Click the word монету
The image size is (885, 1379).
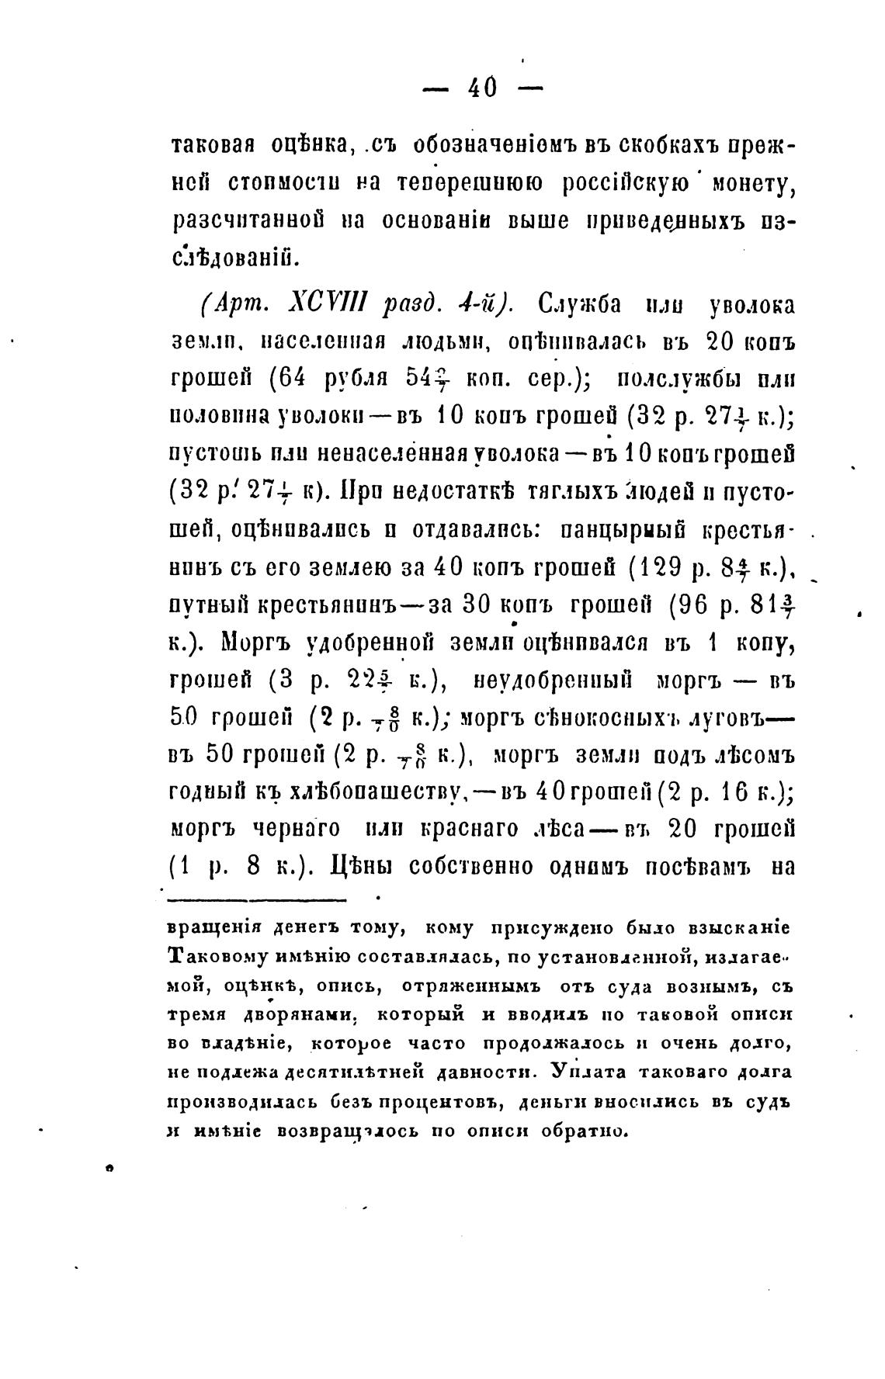[x=748, y=185]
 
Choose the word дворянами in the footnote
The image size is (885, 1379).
[x=307, y=1015]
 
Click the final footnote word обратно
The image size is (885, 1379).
[x=586, y=1130]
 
